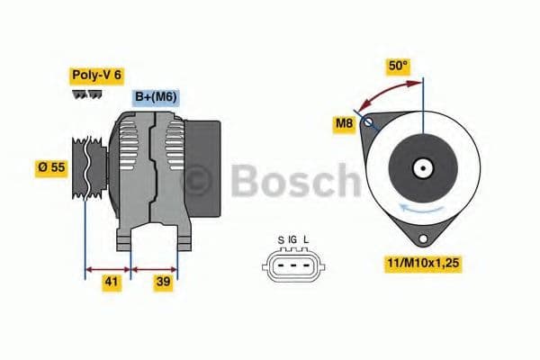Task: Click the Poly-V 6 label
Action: tap(95, 76)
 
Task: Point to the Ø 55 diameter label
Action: tap(51, 168)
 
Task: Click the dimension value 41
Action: tap(109, 282)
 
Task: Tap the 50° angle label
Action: tap(398, 66)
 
